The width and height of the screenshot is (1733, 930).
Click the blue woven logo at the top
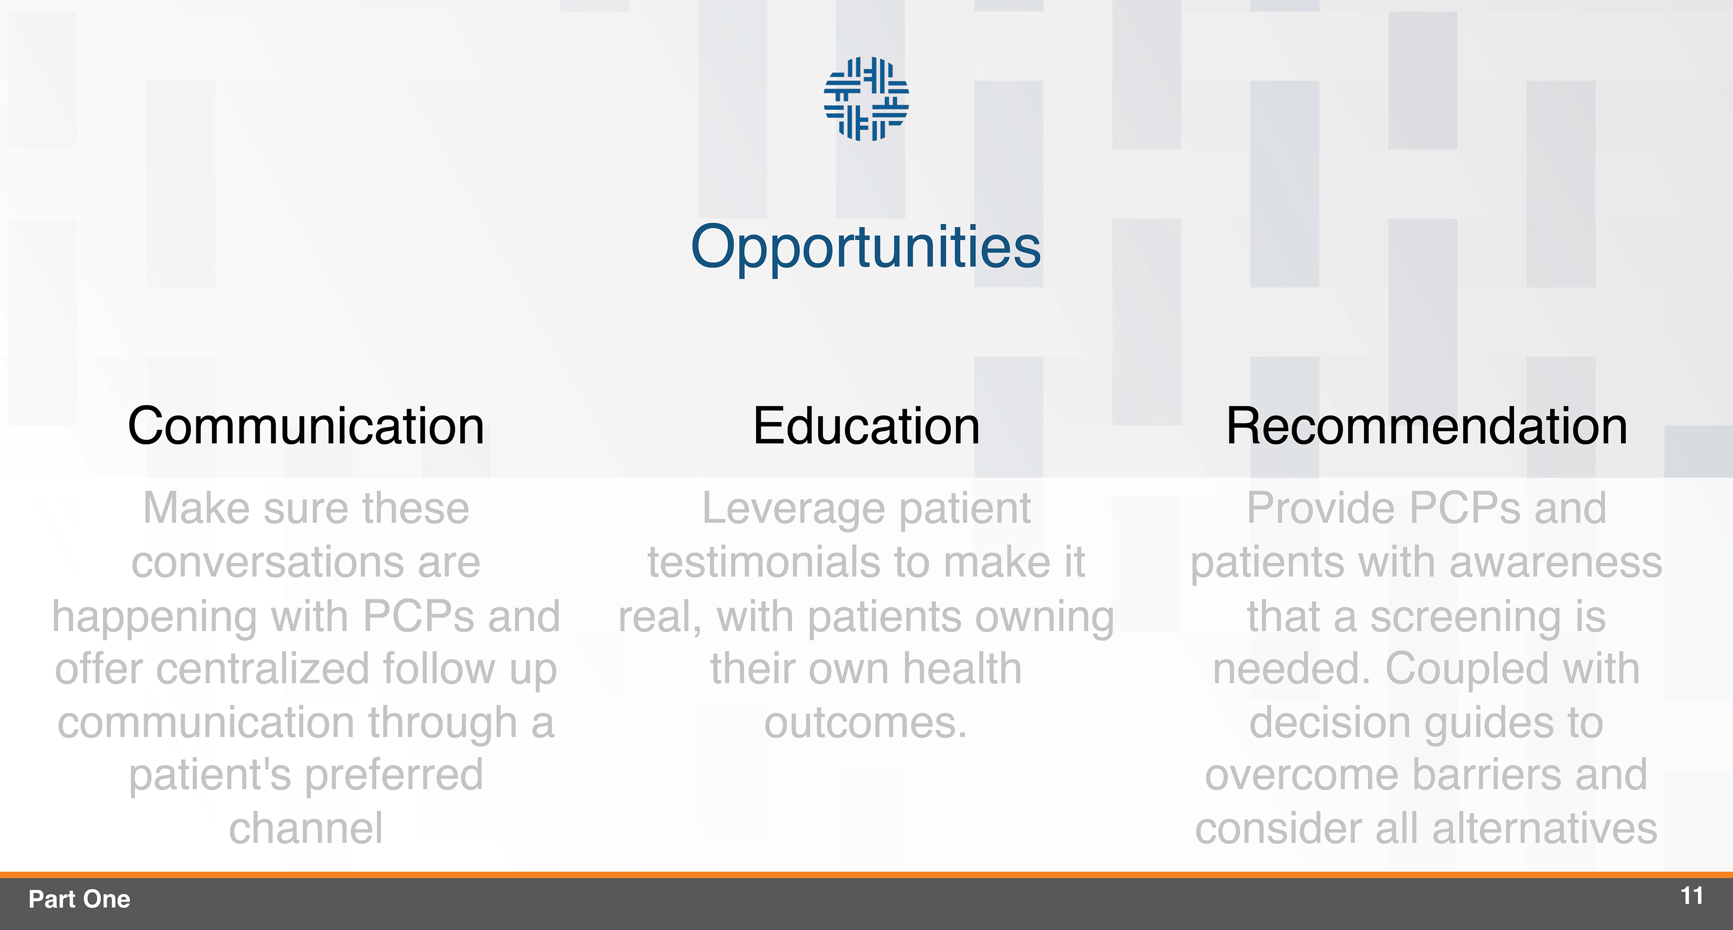866,99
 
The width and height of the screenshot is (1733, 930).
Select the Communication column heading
306,426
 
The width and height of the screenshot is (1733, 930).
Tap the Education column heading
866,426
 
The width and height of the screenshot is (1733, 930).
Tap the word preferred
394,775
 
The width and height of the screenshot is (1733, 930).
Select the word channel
306,828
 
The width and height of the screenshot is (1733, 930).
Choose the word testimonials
780,562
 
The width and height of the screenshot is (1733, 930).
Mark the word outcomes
866,723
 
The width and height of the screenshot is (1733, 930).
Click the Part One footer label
79,899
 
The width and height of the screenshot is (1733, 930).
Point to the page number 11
1692,896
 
